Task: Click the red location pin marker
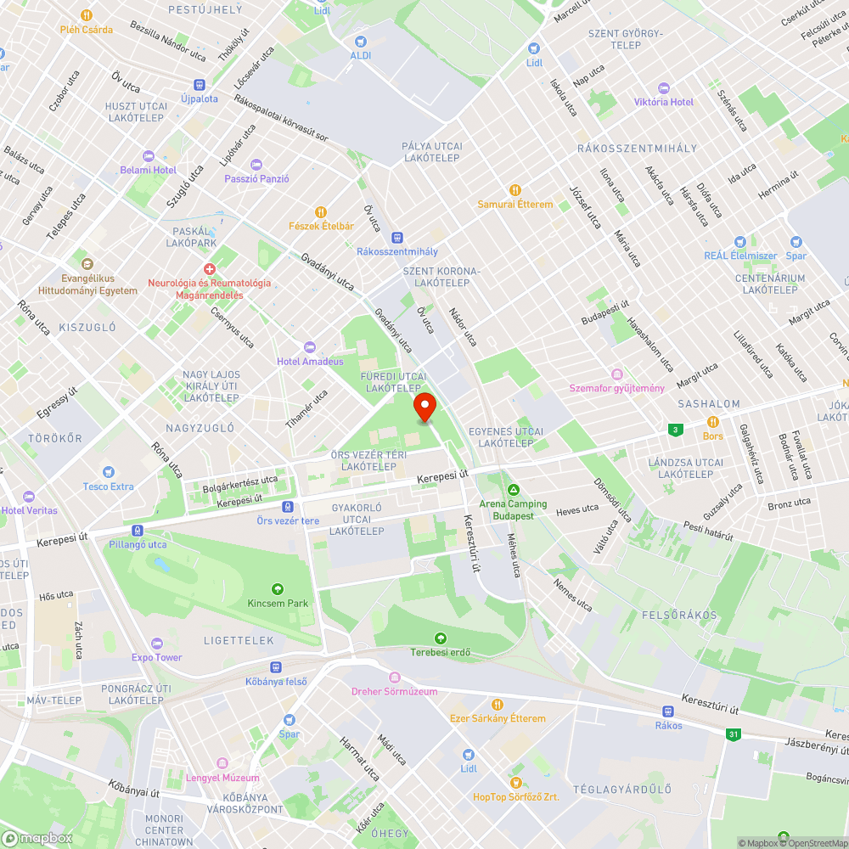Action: coord(424,407)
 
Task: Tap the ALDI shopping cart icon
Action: coord(361,40)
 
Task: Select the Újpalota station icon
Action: coord(200,85)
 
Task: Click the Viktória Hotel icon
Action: coord(664,88)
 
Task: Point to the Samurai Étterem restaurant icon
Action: coord(514,190)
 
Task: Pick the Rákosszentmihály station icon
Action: coord(396,238)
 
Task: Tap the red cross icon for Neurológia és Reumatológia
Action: coord(209,268)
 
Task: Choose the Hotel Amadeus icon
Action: coord(309,347)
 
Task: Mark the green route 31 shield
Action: coord(732,734)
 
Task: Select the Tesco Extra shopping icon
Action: coord(108,472)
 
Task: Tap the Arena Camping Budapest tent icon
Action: coord(514,490)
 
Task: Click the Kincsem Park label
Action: coord(277,603)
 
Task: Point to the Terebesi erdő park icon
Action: coord(440,638)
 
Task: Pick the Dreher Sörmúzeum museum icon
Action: coord(394,677)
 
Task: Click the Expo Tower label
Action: coord(156,657)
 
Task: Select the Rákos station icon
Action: coord(668,711)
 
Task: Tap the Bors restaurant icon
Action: coord(713,422)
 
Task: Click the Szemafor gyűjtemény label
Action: coord(616,388)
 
